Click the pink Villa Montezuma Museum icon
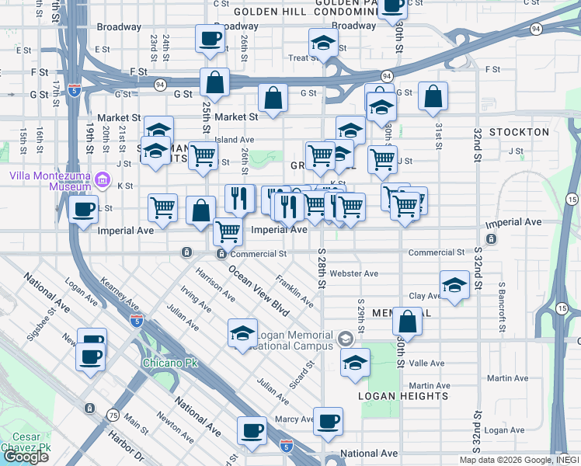point(102,182)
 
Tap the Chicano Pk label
point(163,363)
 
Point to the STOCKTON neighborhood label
point(520,132)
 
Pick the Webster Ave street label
point(353,273)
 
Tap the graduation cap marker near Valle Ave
point(355,363)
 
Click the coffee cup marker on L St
point(83,208)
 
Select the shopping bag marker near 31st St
point(433,96)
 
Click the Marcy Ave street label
point(294,419)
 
